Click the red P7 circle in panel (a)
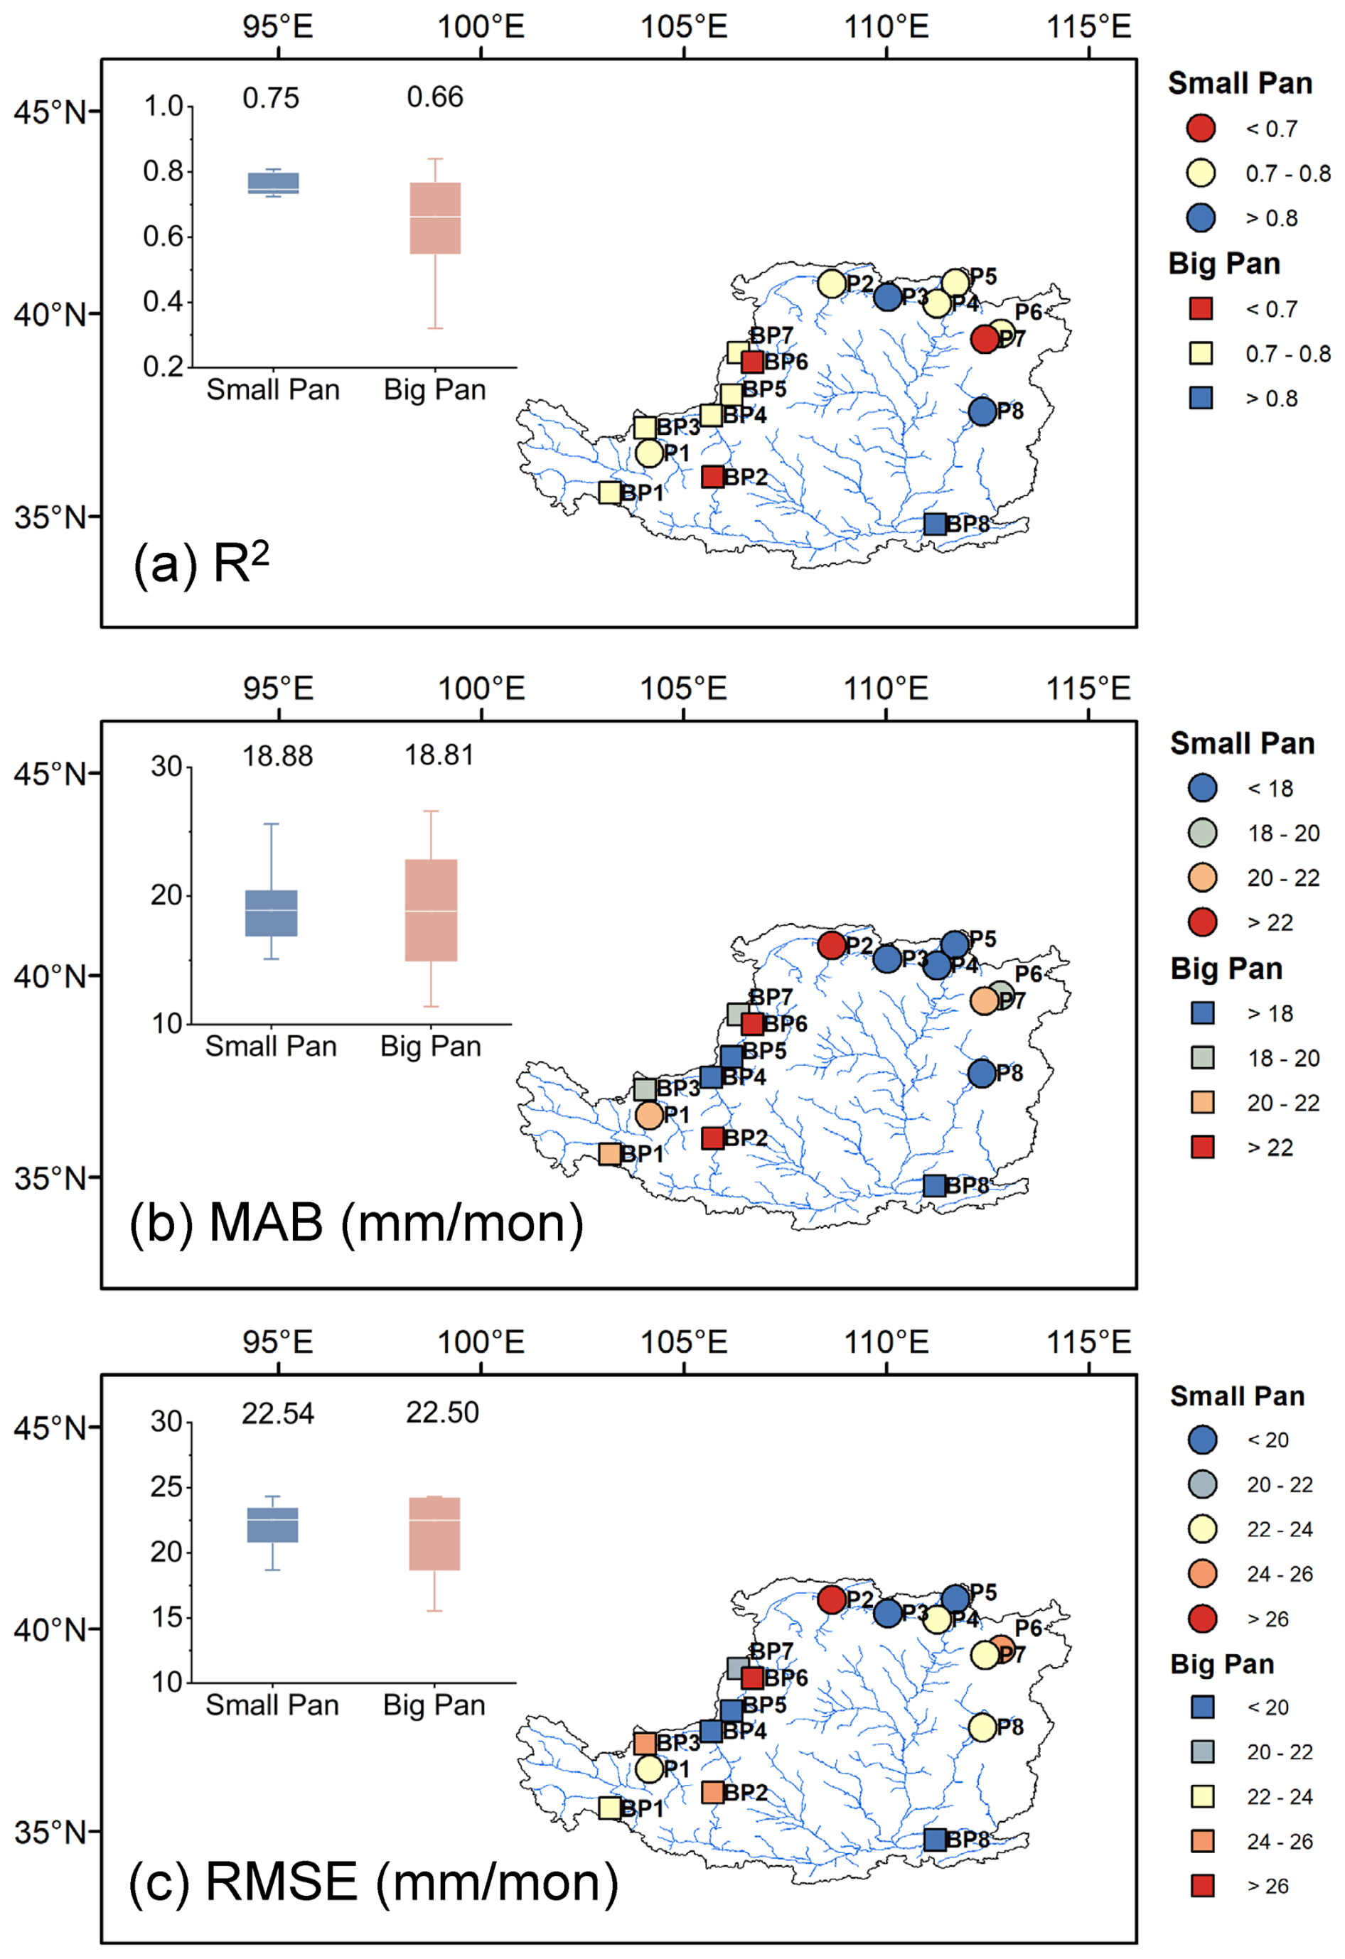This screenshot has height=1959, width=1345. click(984, 340)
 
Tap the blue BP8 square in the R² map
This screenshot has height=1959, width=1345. click(934, 524)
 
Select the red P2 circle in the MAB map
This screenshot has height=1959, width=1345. click(832, 945)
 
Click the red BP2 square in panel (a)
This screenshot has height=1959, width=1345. click(712, 476)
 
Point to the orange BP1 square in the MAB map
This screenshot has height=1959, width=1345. click(610, 1154)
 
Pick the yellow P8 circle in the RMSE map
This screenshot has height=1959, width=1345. click(982, 1727)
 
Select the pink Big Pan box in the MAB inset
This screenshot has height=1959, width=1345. click(431, 910)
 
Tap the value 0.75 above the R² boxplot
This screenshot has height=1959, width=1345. click(271, 98)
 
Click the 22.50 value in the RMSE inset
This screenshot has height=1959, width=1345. click(443, 1412)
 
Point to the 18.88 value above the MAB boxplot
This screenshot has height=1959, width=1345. click(277, 756)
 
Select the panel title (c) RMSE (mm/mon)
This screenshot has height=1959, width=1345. click(373, 1882)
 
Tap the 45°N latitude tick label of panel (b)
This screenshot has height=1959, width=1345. click(50, 774)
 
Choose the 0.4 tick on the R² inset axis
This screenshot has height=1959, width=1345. click(163, 301)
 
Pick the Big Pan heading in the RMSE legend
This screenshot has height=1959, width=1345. click(1222, 1664)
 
